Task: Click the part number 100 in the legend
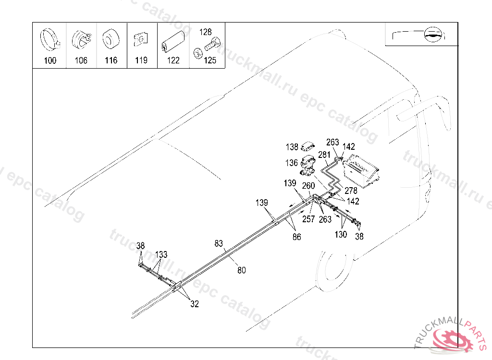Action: click(50, 60)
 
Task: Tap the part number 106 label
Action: click(81, 60)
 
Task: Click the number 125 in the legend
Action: click(209, 60)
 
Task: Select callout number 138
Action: click(292, 147)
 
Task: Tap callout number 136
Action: click(292, 163)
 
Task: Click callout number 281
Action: click(325, 155)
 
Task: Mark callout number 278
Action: click(351, 191)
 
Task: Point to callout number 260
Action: click(308, 186)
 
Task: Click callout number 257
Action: click(308, 219)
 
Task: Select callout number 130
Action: click(341, 235)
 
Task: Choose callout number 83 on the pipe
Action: click(219, 244)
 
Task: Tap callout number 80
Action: click(241, 270)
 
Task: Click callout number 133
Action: click(161, 254)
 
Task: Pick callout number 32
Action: click(194, 304)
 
